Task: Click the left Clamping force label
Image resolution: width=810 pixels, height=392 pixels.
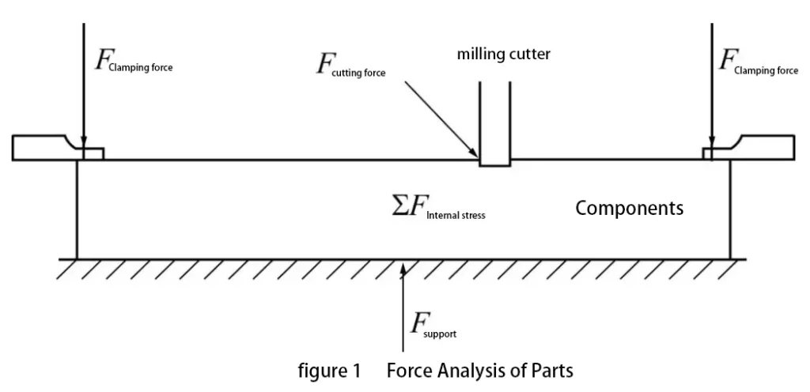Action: click(133, 63)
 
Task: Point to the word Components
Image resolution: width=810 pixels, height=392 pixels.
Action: click(629, 209)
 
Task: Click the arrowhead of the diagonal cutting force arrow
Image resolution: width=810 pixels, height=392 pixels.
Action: click(475, 153)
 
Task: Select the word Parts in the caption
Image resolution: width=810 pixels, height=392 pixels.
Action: click(551, 370)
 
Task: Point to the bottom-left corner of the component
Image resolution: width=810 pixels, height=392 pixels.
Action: click(77, 258)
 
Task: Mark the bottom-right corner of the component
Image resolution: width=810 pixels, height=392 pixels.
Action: click(729, 258)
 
